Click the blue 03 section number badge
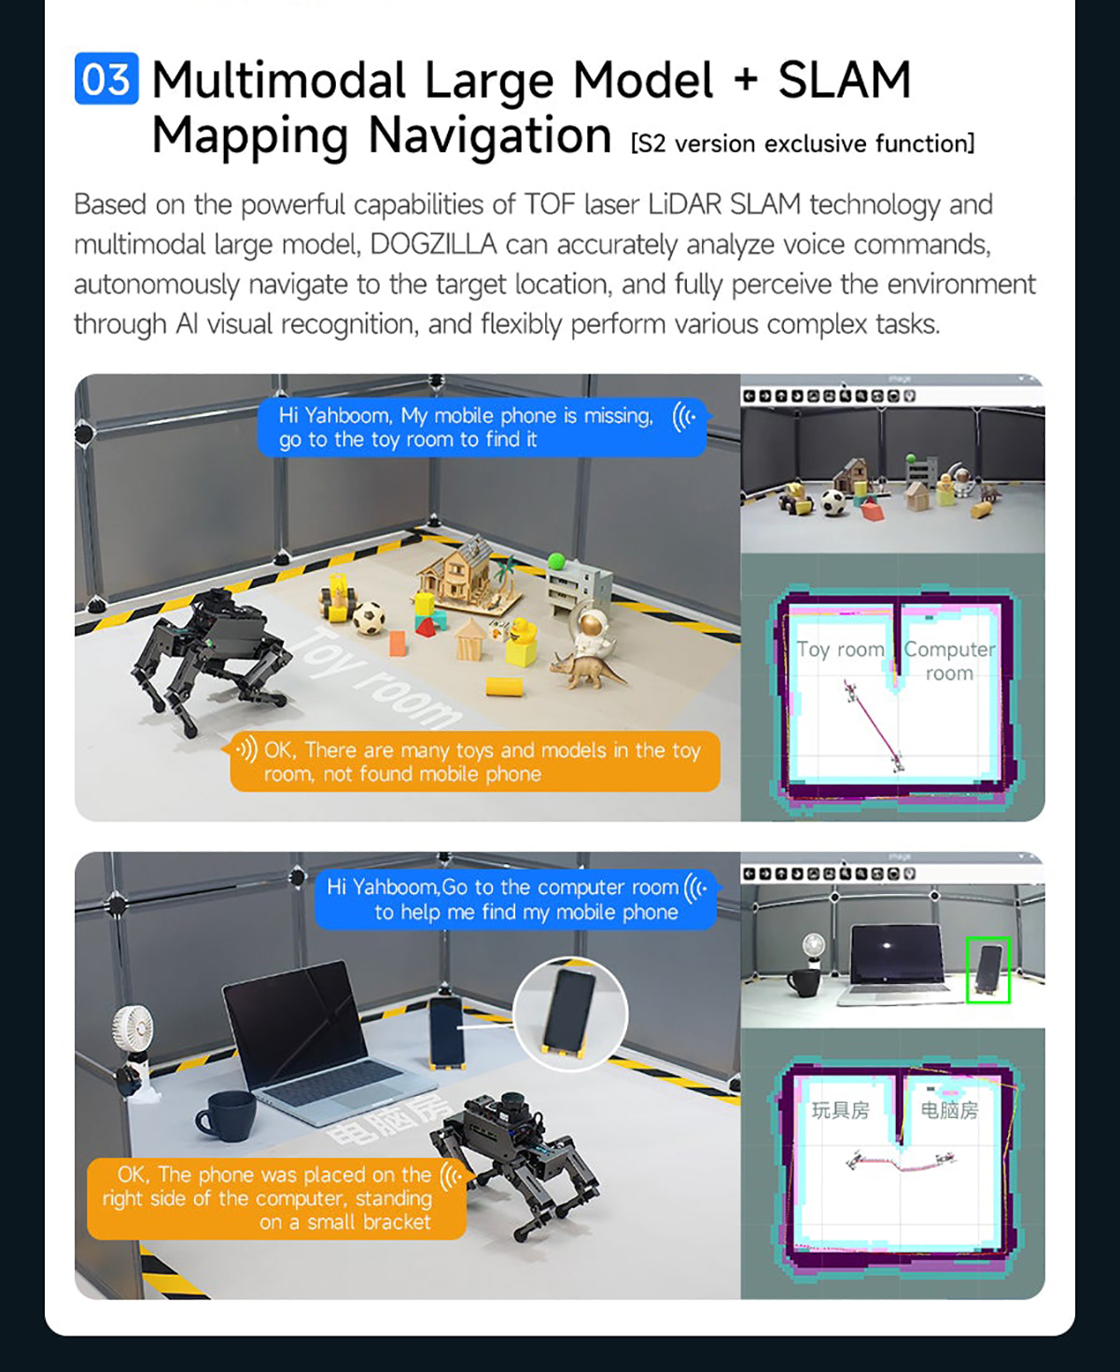[106, 78]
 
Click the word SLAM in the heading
[845, 80]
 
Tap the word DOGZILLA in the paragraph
[433, 245]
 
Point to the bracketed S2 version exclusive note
[803, 144]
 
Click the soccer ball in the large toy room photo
[369, 617]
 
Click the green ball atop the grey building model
[556, 562]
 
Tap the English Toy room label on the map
[840, 650]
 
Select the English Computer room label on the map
[949, 660]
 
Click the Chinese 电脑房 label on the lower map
[949, 1110]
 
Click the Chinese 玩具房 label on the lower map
[840, 1110]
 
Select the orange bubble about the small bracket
[276, 1198]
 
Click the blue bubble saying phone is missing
[483, 427]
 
